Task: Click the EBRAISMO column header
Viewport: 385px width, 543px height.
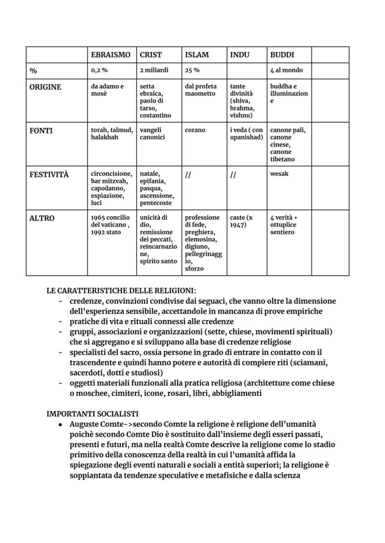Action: [111, 55]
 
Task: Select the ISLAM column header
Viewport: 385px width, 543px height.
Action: [197, 55]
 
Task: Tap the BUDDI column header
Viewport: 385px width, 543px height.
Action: [282, 55]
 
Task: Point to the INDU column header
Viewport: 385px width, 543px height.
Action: [239, 55]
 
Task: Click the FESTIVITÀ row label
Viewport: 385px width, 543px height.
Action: [49, 175]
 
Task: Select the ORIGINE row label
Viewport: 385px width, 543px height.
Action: [45, 87]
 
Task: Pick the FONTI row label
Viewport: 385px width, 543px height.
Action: [41, 131]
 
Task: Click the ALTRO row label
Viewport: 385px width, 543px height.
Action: [41, 218]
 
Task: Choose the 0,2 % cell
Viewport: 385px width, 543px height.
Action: [99, 70]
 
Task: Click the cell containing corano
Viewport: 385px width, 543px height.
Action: [195, 130]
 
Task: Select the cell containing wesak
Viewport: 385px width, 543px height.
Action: [279, 174]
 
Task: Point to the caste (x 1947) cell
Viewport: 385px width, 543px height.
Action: [241, 221]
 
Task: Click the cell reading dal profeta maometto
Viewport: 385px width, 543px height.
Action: [200, 90]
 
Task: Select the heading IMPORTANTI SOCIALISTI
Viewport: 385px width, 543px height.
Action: [93, 414]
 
